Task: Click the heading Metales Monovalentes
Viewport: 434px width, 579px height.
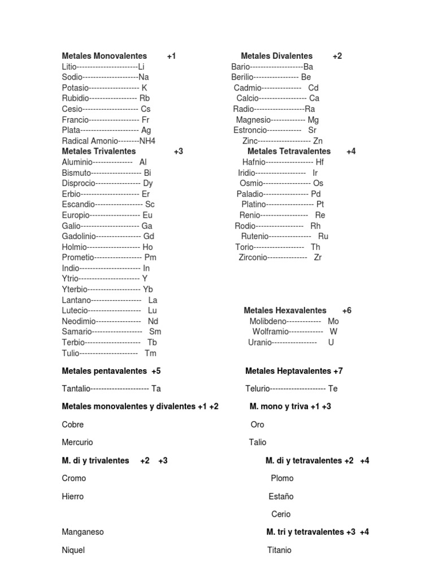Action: (104, 56)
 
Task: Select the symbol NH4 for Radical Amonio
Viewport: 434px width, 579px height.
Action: (147, 141)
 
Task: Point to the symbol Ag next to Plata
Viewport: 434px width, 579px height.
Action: (146, 130)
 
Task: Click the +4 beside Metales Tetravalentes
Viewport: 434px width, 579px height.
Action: (351, 152)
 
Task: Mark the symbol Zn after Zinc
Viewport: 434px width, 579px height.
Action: (318, 141)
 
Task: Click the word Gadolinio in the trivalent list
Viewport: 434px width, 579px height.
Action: (79, 236)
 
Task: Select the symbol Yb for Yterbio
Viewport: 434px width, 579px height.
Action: (148, 289)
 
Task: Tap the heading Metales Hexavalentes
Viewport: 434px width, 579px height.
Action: (285, 310)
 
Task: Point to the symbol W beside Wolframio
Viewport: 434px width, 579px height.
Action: (333, 331)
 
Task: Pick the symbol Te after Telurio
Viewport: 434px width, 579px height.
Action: (333, 388)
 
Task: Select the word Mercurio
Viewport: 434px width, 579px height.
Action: (77, 442)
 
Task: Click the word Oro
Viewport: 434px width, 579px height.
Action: (257, 425)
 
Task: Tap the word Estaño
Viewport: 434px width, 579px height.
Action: (281, 496)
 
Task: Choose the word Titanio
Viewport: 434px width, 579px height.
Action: (279, 550)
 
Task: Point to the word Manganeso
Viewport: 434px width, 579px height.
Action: (83, 532)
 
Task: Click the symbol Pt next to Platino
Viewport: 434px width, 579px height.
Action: (320, 204)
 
